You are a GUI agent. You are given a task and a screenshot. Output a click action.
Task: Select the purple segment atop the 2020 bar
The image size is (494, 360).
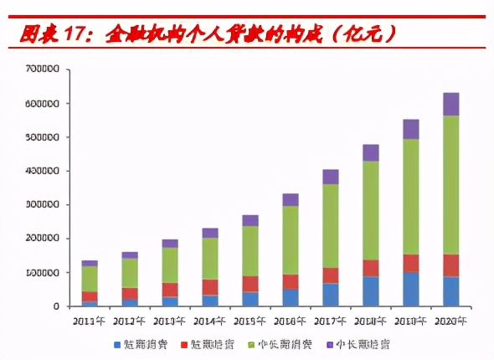450,104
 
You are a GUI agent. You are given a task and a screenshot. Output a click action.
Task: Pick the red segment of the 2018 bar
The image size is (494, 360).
370,268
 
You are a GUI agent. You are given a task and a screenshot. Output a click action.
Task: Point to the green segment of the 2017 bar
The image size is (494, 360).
331,226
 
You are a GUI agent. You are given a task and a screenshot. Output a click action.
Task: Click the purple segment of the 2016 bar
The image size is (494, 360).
291,199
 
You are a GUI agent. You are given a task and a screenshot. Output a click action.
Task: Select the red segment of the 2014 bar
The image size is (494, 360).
210,287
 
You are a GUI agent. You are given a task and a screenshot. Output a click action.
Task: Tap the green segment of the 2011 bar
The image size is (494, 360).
90,278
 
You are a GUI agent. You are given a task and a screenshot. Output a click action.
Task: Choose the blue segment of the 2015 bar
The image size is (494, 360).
250,299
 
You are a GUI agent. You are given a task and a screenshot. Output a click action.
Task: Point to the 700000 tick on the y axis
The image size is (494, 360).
42,69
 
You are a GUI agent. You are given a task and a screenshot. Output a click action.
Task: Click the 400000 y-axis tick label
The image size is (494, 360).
42,171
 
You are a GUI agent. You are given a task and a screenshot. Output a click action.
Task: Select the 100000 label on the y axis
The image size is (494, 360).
42,273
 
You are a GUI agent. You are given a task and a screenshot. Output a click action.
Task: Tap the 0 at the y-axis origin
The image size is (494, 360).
55,306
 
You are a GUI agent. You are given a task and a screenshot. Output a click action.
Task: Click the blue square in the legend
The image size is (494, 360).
117,344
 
